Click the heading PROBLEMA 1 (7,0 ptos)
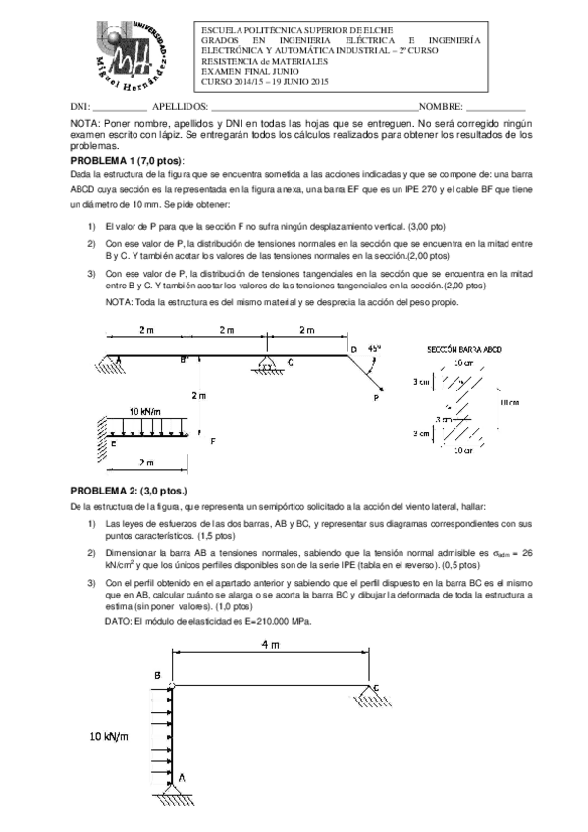[x=127, y=160]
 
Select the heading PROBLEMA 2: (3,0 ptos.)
[x=128, y=490]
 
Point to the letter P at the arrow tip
[x=376, y=399]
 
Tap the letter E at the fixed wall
[x=114, y=442]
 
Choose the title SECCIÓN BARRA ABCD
[x=466, y=349]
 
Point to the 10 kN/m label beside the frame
[x=109, y=736]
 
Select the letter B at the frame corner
[x=157, y=675]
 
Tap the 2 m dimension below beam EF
[x=147, y=462]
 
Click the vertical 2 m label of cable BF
[x=199, y=395]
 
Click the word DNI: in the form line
[x=80, y=105]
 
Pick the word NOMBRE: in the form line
[x=441, y=105]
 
